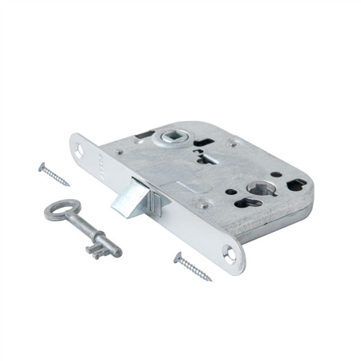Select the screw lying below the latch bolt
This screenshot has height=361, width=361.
(192, 267)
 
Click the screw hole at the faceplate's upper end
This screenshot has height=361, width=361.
(82, 148)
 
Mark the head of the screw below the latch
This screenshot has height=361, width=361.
(177, 258)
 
